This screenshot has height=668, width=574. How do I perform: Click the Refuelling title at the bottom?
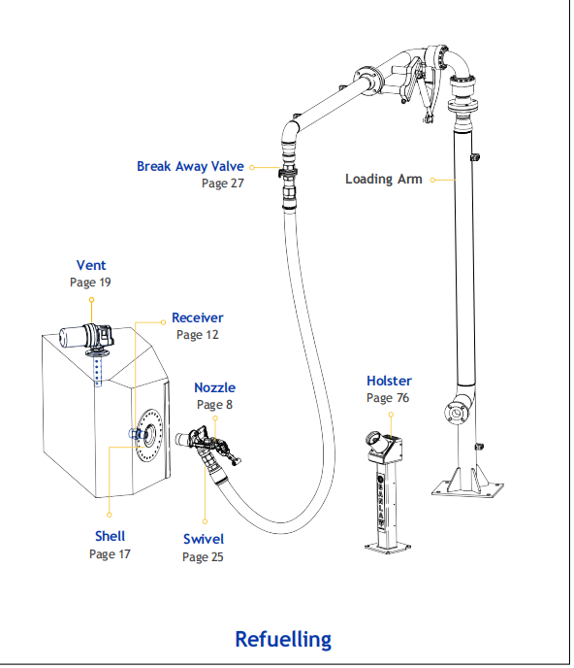(x=283, y=639)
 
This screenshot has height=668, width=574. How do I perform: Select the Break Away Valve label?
(x=190, y=166)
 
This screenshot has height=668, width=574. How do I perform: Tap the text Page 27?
(x=223, y=184)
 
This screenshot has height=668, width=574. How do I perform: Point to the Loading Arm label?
(x=383, y=179)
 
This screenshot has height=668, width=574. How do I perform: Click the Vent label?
(x=91, y=265)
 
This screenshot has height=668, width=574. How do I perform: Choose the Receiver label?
(x=198, y=317)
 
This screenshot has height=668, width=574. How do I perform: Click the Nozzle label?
(x=215, y=387)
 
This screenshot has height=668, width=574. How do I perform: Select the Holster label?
(x=390, y=381)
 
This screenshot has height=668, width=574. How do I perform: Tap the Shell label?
(x=110, y=536)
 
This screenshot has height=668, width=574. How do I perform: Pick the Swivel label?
(x=204, y=539)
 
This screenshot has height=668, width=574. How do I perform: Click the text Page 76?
(x=388, y=398)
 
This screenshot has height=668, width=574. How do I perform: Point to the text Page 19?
(x=90, y=283)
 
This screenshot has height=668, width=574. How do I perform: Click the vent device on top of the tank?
(x=87, y=338)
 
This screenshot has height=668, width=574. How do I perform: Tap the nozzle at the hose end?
(x=207, y=446)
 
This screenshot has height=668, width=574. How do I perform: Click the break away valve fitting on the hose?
(x=288, y=174)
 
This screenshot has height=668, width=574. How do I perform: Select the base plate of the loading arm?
(x=467, y=488)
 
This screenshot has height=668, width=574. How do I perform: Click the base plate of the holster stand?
(x=388, y=547)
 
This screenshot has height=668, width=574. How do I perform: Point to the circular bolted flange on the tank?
(x=149, y=434)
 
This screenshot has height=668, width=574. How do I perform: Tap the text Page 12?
(x=198, y=335)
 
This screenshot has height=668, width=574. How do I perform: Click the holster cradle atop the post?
(x=385, y=448)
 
